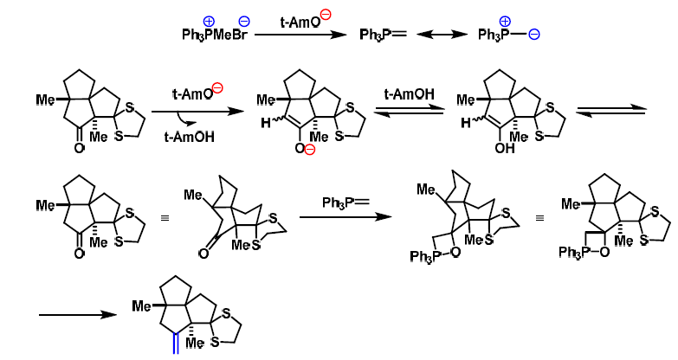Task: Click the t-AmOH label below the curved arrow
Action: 184,138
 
